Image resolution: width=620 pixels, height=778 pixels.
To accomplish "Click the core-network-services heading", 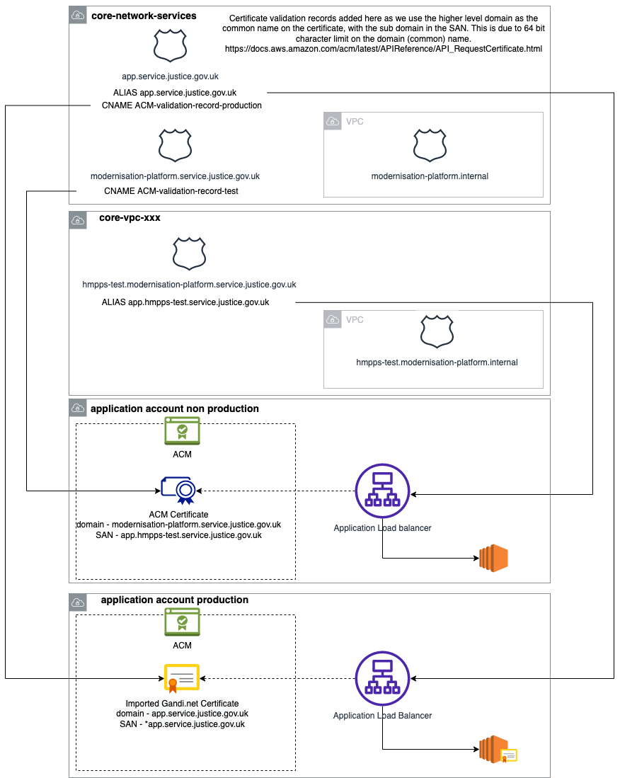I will point(144,16).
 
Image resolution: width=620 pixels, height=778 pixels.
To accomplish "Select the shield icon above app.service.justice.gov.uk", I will point(171,46).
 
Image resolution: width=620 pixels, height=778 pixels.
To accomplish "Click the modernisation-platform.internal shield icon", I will point(430,144).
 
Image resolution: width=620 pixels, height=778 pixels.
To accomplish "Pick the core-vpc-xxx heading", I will point(130,217).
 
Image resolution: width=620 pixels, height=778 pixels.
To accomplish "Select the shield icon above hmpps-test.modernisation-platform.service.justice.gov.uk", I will point(189,253).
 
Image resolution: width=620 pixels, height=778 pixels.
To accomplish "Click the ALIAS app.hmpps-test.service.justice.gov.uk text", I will point(185,302).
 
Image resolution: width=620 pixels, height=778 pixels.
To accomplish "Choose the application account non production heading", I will point(174,408).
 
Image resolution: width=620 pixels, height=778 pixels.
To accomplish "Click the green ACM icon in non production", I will point(182,430).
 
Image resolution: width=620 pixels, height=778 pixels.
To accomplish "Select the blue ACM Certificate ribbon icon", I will point(178,491).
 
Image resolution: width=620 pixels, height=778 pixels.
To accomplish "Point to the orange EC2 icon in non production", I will point(493,559).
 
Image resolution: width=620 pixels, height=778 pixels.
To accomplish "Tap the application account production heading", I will point(174,600).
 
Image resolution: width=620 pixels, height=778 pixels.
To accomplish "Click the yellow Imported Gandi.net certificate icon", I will point(181,677).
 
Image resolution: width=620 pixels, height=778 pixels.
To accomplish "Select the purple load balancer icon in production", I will point(382,678).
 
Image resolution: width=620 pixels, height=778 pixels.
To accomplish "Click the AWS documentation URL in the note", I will point(382,49).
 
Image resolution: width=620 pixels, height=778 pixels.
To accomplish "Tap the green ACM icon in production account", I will point(182,622).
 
